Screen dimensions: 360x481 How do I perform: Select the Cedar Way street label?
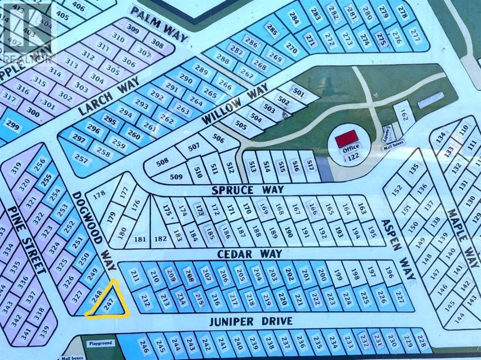click(x=250, y=253)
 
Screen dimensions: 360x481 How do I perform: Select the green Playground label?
click(x=100, y=343)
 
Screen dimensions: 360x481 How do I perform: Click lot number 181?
click(x=140, y=239)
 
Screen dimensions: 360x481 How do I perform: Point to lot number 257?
click(x=81, y=160)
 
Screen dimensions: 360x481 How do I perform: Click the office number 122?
click(x=349, y=158)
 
